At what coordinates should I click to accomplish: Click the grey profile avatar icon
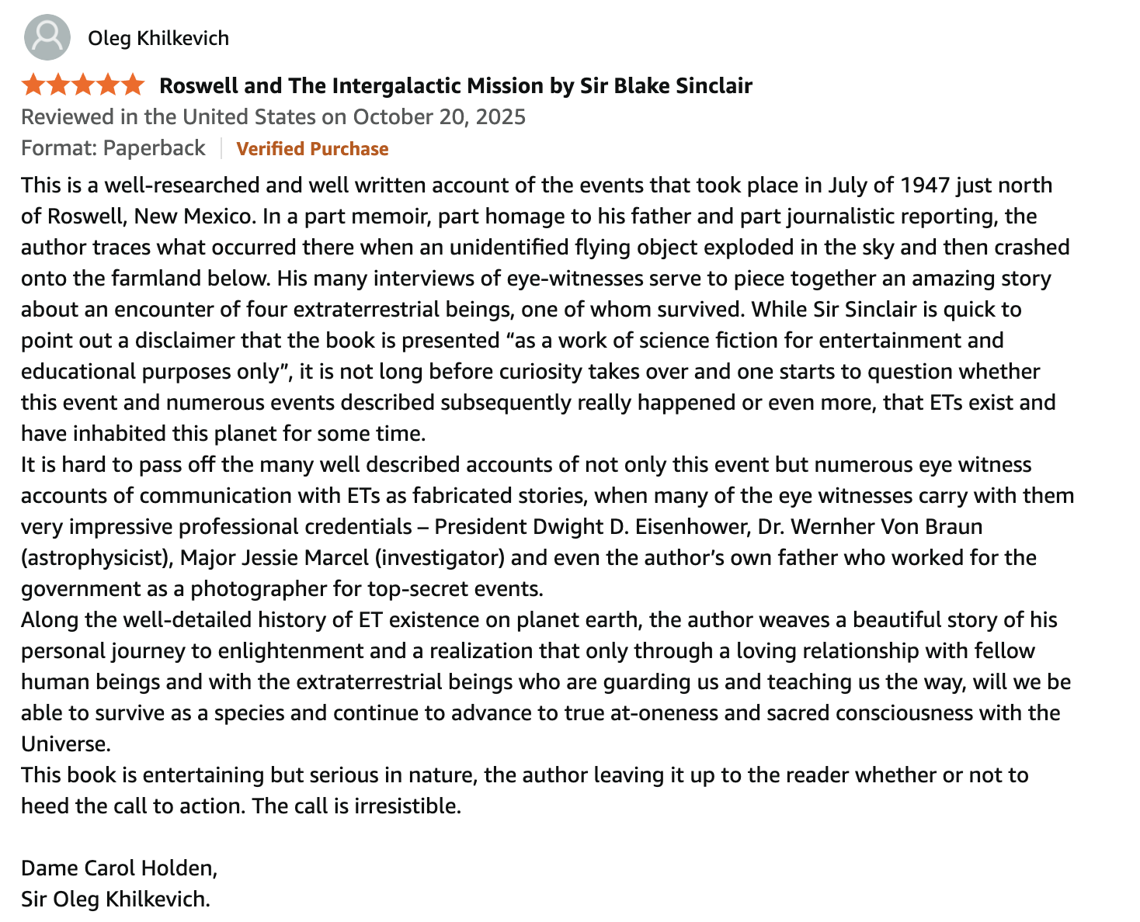(47, 37)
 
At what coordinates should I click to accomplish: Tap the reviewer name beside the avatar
(158, 38)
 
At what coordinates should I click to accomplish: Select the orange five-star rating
(83, 85)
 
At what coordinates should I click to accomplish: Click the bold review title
(455, 85)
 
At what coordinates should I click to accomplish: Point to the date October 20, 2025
(439, 117)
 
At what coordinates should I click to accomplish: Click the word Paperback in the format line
(154, 148)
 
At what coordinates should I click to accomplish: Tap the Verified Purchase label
(312, 149)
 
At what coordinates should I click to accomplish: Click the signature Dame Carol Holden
(119, 868)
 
